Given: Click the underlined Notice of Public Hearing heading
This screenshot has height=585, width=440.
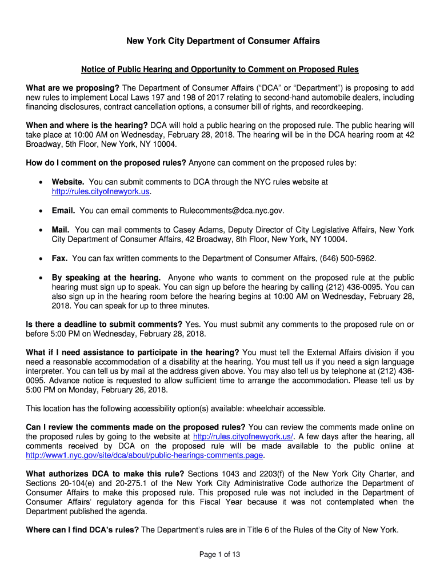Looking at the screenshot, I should tap(219, 70).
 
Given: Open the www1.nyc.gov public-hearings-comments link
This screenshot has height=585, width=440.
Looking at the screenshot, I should tap(145, 455).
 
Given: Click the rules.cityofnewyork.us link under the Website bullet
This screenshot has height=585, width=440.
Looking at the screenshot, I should tap(101, 191).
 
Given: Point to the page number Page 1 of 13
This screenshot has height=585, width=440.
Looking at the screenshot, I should tap(219, 554).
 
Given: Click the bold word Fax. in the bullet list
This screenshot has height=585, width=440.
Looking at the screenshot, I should tap(60, 259).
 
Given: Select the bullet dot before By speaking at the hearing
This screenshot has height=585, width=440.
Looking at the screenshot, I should tap(39, 278).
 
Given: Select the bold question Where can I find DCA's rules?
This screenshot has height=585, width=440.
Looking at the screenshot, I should tap(82, 530).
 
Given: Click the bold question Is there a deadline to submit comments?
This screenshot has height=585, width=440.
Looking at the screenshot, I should tap(105, 324).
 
